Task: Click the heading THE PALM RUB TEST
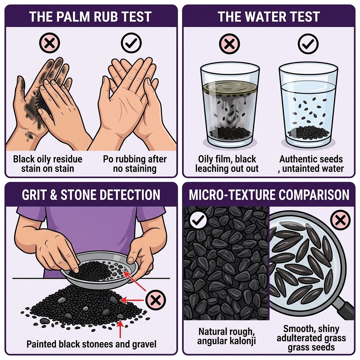point(91,17)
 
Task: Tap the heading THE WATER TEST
point(269,17)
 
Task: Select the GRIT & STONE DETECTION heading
point(91,194)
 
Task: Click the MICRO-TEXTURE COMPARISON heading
point(269,194)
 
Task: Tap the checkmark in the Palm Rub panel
point(131,43)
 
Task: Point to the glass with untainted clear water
point(308,105)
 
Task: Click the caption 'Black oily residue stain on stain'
point(48,163)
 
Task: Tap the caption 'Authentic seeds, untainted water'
point(311,163)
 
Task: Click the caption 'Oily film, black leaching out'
point(227,163)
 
